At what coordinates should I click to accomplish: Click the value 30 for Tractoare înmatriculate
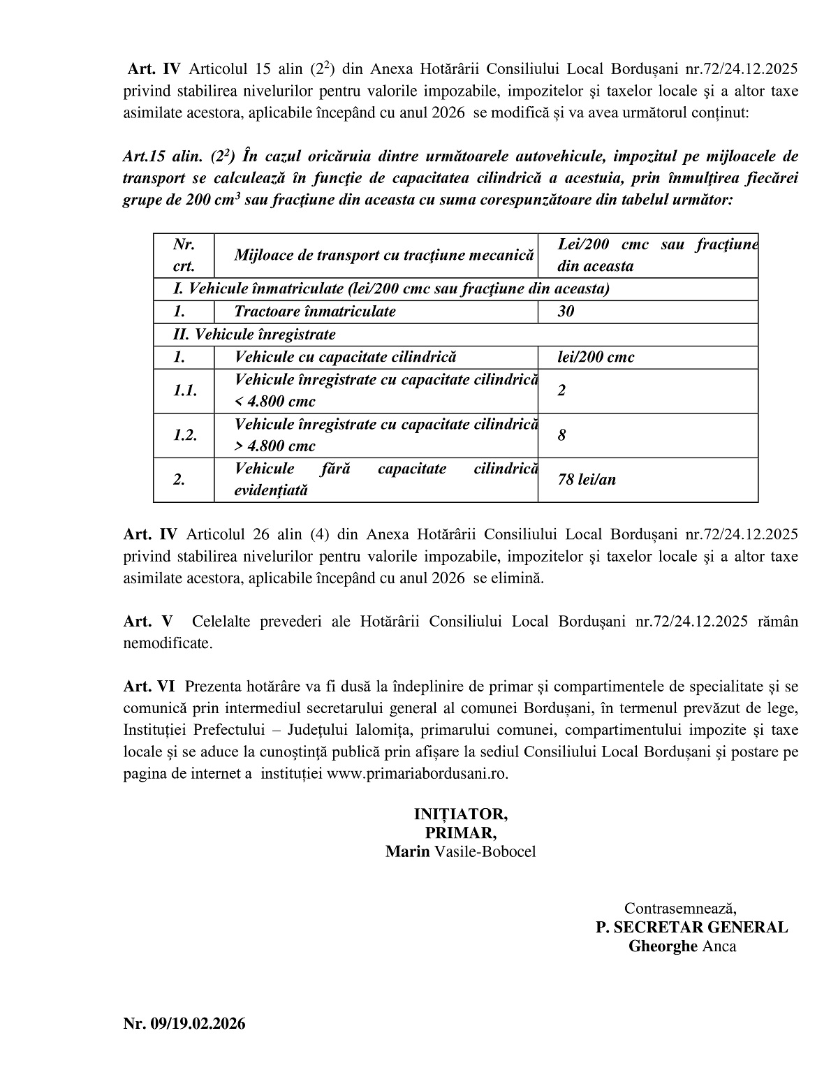point(566,312)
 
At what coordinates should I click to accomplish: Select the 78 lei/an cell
point(587,480)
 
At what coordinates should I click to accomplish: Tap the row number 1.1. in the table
point(185,390)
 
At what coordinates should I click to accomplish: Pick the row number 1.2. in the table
point(185,435)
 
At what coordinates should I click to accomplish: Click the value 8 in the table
point(562,435)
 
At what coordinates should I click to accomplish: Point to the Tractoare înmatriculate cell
point(315,312)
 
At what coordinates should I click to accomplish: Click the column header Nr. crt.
point(184,255)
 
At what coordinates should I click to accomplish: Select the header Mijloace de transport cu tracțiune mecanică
point(383,256)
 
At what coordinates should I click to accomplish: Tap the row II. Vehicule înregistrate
point(254,335)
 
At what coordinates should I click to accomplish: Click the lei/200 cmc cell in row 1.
point(596,357)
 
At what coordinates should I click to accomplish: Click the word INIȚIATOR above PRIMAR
point(460,814)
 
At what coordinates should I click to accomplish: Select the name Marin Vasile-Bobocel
point(460,852)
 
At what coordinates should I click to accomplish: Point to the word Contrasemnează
point(680,909)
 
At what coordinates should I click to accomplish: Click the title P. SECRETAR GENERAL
point(691,928)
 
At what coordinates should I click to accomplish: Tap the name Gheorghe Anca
point(682,946)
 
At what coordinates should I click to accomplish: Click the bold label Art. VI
point(149,687)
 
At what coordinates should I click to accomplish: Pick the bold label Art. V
point(147,622)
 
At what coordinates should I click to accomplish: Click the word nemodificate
point(167,643)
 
